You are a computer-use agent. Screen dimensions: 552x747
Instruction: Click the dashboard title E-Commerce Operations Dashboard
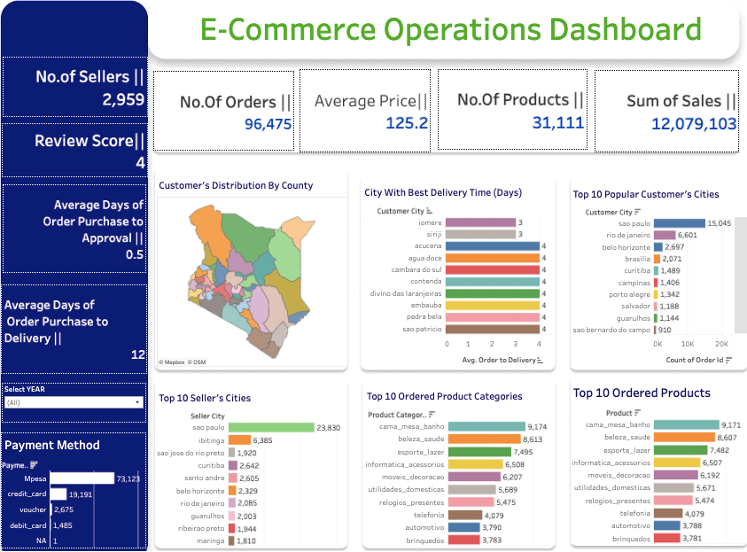point(450,31)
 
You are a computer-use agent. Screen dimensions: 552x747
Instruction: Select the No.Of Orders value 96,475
point(268,124)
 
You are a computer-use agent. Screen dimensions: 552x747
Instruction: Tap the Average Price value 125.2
point(407,122)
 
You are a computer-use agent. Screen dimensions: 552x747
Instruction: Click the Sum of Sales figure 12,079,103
point(694,123)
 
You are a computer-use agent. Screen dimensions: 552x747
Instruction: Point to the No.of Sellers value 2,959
point(123,99)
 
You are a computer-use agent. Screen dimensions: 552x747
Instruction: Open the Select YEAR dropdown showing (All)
point(73,402)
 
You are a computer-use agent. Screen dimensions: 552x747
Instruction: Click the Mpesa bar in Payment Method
point(82,478)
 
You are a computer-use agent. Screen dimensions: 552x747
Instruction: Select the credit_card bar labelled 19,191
point(58,494)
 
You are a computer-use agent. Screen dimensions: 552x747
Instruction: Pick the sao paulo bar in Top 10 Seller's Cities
point(271,427)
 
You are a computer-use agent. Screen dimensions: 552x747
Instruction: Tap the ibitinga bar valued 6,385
point(239,439)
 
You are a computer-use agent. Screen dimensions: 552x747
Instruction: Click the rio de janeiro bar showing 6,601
point(664,235)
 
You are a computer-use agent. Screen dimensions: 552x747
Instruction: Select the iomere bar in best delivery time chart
point(479,222)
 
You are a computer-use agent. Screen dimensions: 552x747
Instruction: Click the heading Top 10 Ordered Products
point(642,393)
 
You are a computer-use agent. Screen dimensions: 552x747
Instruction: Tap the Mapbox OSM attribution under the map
point(182,362)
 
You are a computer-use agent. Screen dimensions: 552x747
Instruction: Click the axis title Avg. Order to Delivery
point(500,360)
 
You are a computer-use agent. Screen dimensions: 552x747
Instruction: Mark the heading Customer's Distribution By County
point(235,186)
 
